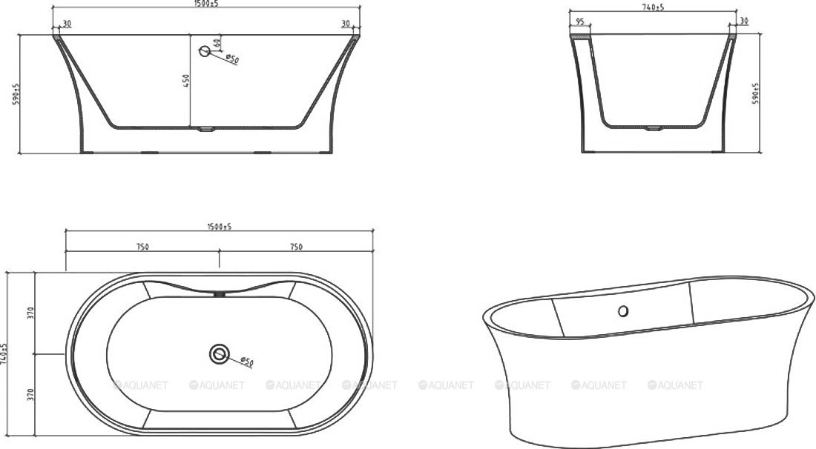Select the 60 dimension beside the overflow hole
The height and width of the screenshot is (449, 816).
point(217,43)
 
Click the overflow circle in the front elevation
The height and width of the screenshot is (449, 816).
point(205,51)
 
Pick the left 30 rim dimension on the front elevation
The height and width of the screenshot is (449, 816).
point(68,24)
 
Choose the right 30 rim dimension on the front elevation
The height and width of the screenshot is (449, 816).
point(346,24)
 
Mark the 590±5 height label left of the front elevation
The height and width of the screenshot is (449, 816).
point(16,94)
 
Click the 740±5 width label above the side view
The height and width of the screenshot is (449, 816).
point(653,7)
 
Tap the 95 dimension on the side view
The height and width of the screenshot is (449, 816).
point(579,22)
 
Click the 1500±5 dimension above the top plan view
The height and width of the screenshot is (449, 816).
point(220,227)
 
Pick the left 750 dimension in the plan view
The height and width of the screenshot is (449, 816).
point(142,247)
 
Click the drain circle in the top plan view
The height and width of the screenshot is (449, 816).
point(219,354)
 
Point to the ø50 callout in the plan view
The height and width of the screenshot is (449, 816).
point(246,362)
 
